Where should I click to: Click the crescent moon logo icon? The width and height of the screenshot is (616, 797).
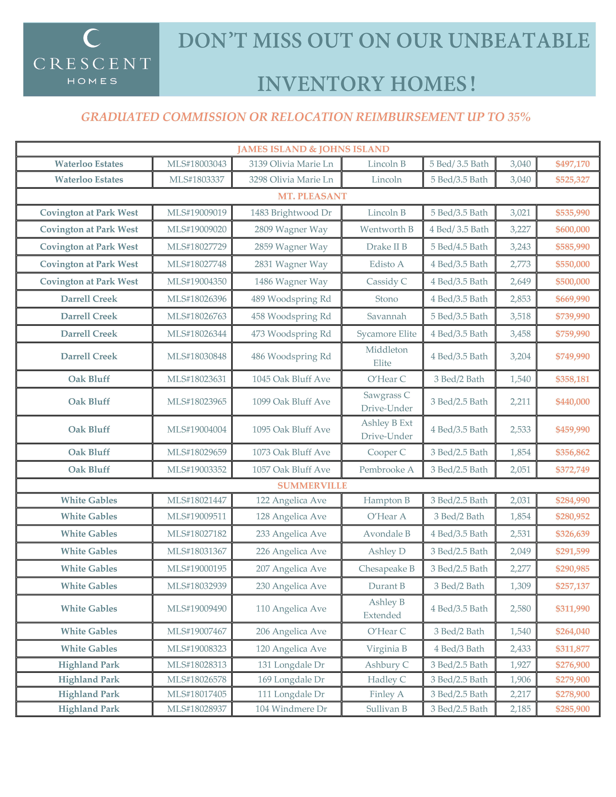coord(92,38)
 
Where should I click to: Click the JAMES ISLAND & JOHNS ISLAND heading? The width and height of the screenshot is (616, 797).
coord(313,149)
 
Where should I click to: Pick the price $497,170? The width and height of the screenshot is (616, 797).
coord(572,164)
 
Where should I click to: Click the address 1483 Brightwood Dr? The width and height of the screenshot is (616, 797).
coord(291,213)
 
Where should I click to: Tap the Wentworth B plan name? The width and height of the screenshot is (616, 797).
coord(387,230)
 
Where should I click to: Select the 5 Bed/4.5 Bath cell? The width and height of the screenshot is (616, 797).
coord(459,247)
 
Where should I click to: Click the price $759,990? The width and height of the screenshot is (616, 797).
coord(572,334)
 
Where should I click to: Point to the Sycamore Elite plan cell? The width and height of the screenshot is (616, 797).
coord(387,334)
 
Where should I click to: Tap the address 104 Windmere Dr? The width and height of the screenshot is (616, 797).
coord(291,709)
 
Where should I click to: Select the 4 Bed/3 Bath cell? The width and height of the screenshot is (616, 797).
coord(459,649)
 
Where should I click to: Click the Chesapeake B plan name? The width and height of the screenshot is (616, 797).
coord(387,569)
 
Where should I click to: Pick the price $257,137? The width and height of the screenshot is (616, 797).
coord(572,586)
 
